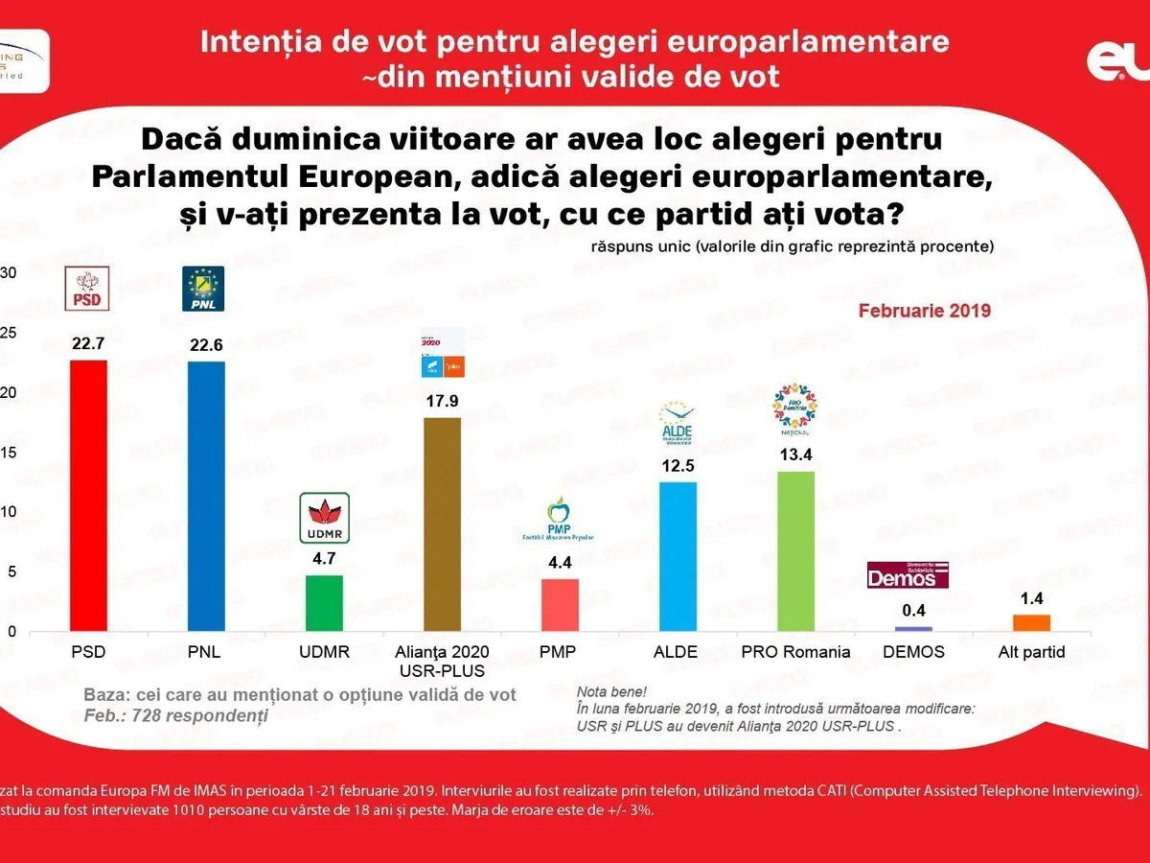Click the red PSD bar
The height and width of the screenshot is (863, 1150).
[88, 496]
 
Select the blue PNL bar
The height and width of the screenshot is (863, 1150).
[206, 496]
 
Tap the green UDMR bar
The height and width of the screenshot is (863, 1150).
[324, 603]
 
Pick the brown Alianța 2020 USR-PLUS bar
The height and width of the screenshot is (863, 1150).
[442, 525]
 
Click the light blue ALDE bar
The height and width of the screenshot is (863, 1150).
[678, 556]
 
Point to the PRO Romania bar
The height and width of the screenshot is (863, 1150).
[795, 551]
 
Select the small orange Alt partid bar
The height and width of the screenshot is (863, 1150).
[1031, 623]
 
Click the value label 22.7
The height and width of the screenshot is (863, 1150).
[88, 343]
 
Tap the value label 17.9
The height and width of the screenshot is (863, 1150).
[442, 401]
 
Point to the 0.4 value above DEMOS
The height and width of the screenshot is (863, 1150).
[912, 610]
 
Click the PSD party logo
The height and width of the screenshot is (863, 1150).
[88, 289]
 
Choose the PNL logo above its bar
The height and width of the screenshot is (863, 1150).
[203, 289]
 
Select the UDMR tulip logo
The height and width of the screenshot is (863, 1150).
[325, 518]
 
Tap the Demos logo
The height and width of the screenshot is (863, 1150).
[908, 574]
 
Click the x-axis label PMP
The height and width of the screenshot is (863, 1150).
[560, 652]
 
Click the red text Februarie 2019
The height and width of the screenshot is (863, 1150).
[924, 312]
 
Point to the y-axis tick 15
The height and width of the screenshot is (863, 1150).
[9, 452]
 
